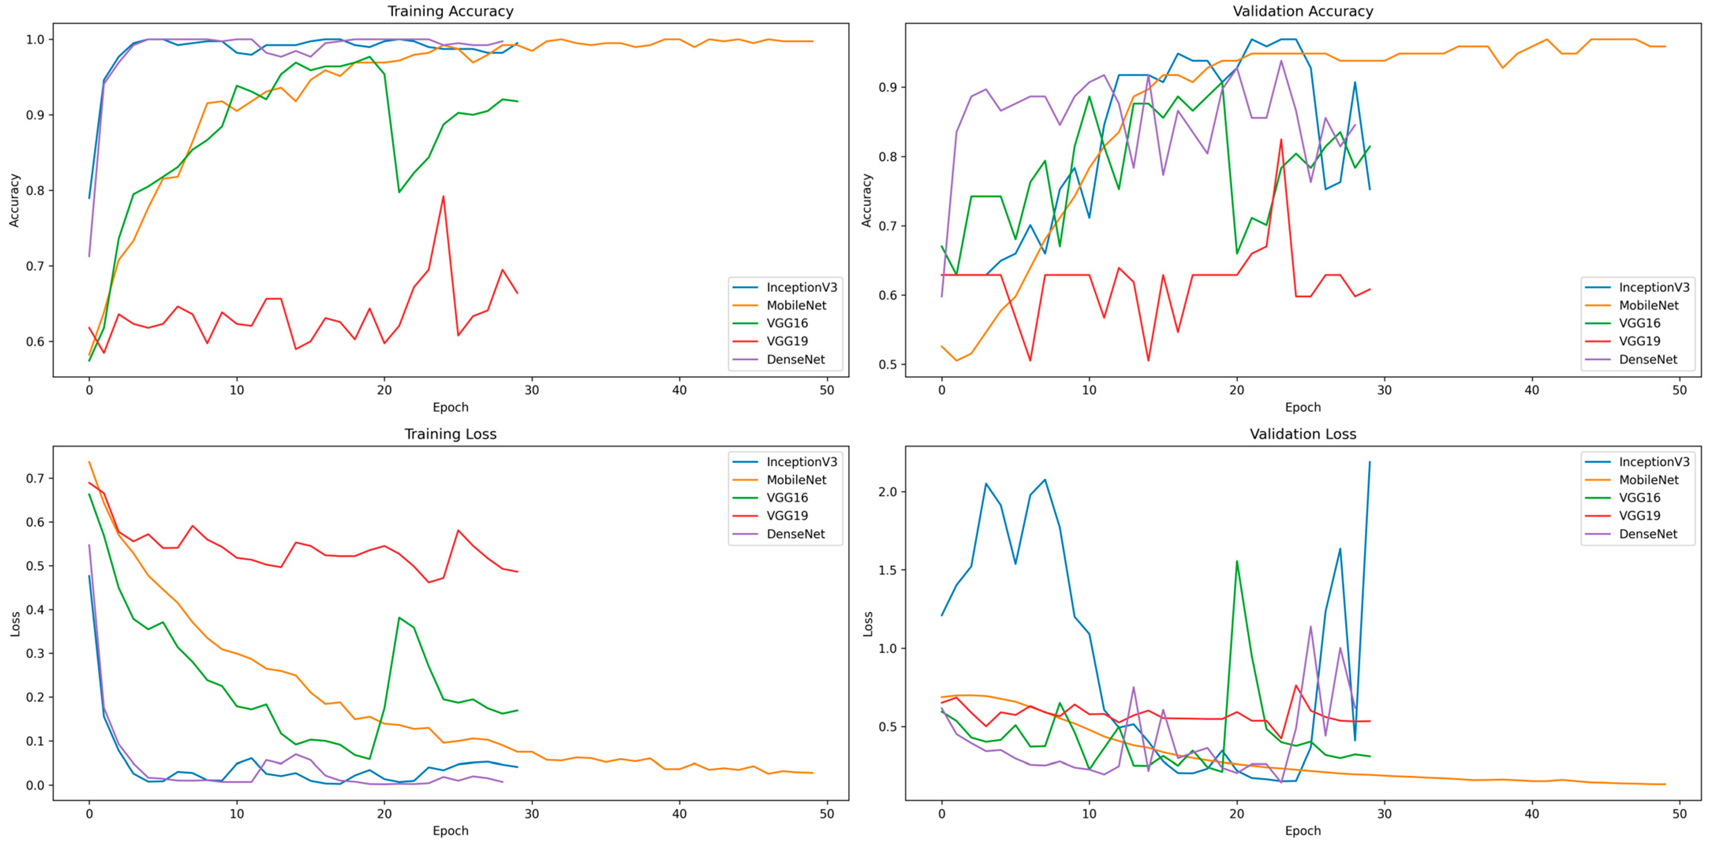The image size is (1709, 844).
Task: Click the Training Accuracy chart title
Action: click(x=450, y=11)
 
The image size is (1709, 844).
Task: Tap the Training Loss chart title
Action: click(x=450, y=434)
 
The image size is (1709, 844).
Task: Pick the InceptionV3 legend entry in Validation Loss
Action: click(x=1654, y=462)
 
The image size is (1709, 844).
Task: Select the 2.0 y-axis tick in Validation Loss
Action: click(x=887, y=492)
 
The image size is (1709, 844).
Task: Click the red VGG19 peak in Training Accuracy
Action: click(x=443, y=196)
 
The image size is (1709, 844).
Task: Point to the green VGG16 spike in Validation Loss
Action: click(x=1236, y=562)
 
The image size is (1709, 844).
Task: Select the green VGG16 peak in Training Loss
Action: click(x=399, y=618)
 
